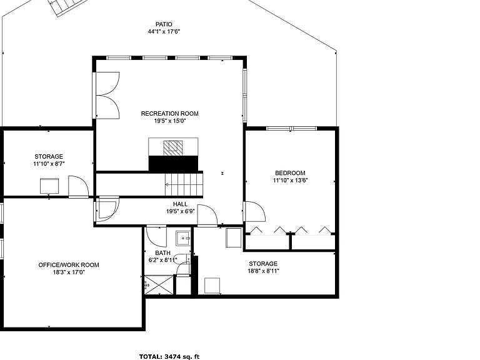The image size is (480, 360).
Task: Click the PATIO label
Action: coord(164,24)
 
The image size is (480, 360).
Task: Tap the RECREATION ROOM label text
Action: coord(169,114)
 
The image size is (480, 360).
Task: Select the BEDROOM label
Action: coord(290,173)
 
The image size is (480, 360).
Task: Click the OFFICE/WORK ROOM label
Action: coord(69,265)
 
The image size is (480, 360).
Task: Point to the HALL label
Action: coord(180,204)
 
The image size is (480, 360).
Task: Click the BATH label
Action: coord(163,253)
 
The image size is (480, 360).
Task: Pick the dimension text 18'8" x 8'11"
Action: coord(263,271)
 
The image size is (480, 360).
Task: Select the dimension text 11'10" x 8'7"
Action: coord(49,164)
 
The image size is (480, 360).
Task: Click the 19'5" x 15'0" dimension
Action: coord(169,121)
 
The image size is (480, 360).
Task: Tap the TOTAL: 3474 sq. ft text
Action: coord(169,356)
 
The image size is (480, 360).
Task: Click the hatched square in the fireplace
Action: coord(173,148)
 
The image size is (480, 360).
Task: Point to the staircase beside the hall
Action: coord(184,184)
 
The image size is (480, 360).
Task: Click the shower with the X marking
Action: coord(159,285)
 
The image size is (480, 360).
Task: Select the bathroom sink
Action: coord(183,238)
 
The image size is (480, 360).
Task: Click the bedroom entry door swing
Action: coord(255,211)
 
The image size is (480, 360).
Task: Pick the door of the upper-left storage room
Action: coord(78,186)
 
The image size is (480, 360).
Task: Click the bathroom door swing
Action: coord(156,236)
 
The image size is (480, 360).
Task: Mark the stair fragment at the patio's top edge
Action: coord(65,7)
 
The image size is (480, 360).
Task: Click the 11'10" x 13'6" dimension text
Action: coord(290,180)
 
